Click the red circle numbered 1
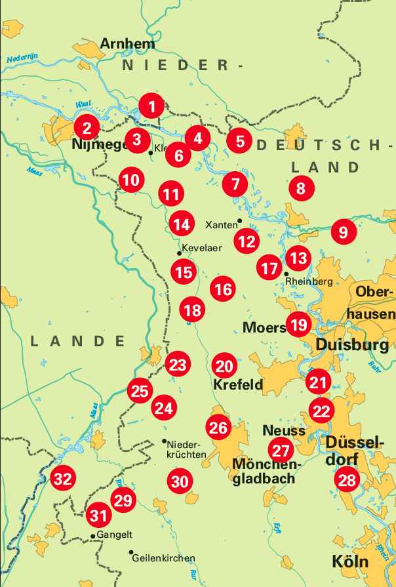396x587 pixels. pyautogui.click(x=152, y=106)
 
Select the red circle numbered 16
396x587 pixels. pyautogui.click(x=223, y=288)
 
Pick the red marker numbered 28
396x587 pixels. pyautogui.click(x=346, y=480)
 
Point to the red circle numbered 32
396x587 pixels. pyautogui.click(x=63, y=479)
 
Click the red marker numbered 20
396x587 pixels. pyautogui.click(x=224, y=366)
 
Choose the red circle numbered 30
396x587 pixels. pyautogui.click(x=179, y=481)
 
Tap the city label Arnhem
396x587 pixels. pyautogui.click(x=128, y=45)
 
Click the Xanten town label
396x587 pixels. pyautogui.click(x=221, y=225)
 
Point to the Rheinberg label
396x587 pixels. pyautogui.click(x=309, y=281)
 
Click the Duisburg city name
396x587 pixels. pyautogui.click(x=352, y=344)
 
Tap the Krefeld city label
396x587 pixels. pyautogui.click(x=238, y=384)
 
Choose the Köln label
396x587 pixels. pyautogui.click(x=349, y=562)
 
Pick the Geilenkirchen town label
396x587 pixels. pyautogui.click(x=163, y=558)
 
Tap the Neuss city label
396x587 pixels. pyautogui.click(x=284, y=431)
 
